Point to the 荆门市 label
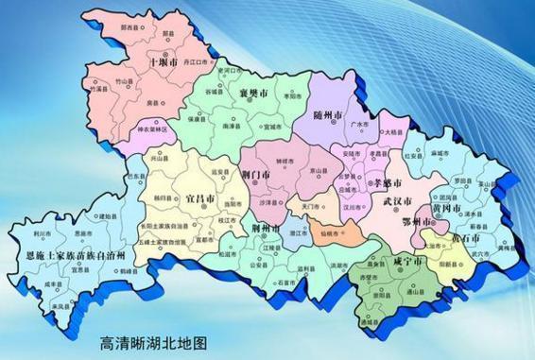[256, 174]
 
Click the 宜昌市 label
[198, 200]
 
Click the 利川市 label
[41, 232]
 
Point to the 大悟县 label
[395, 132]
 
